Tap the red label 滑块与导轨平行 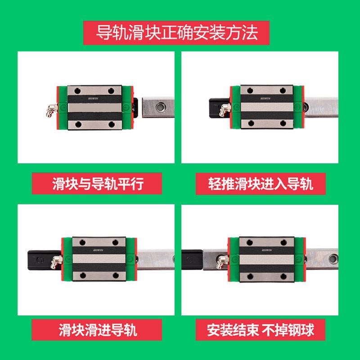point(97,184)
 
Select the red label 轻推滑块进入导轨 point(261,184)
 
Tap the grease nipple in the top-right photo point(222,108)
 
